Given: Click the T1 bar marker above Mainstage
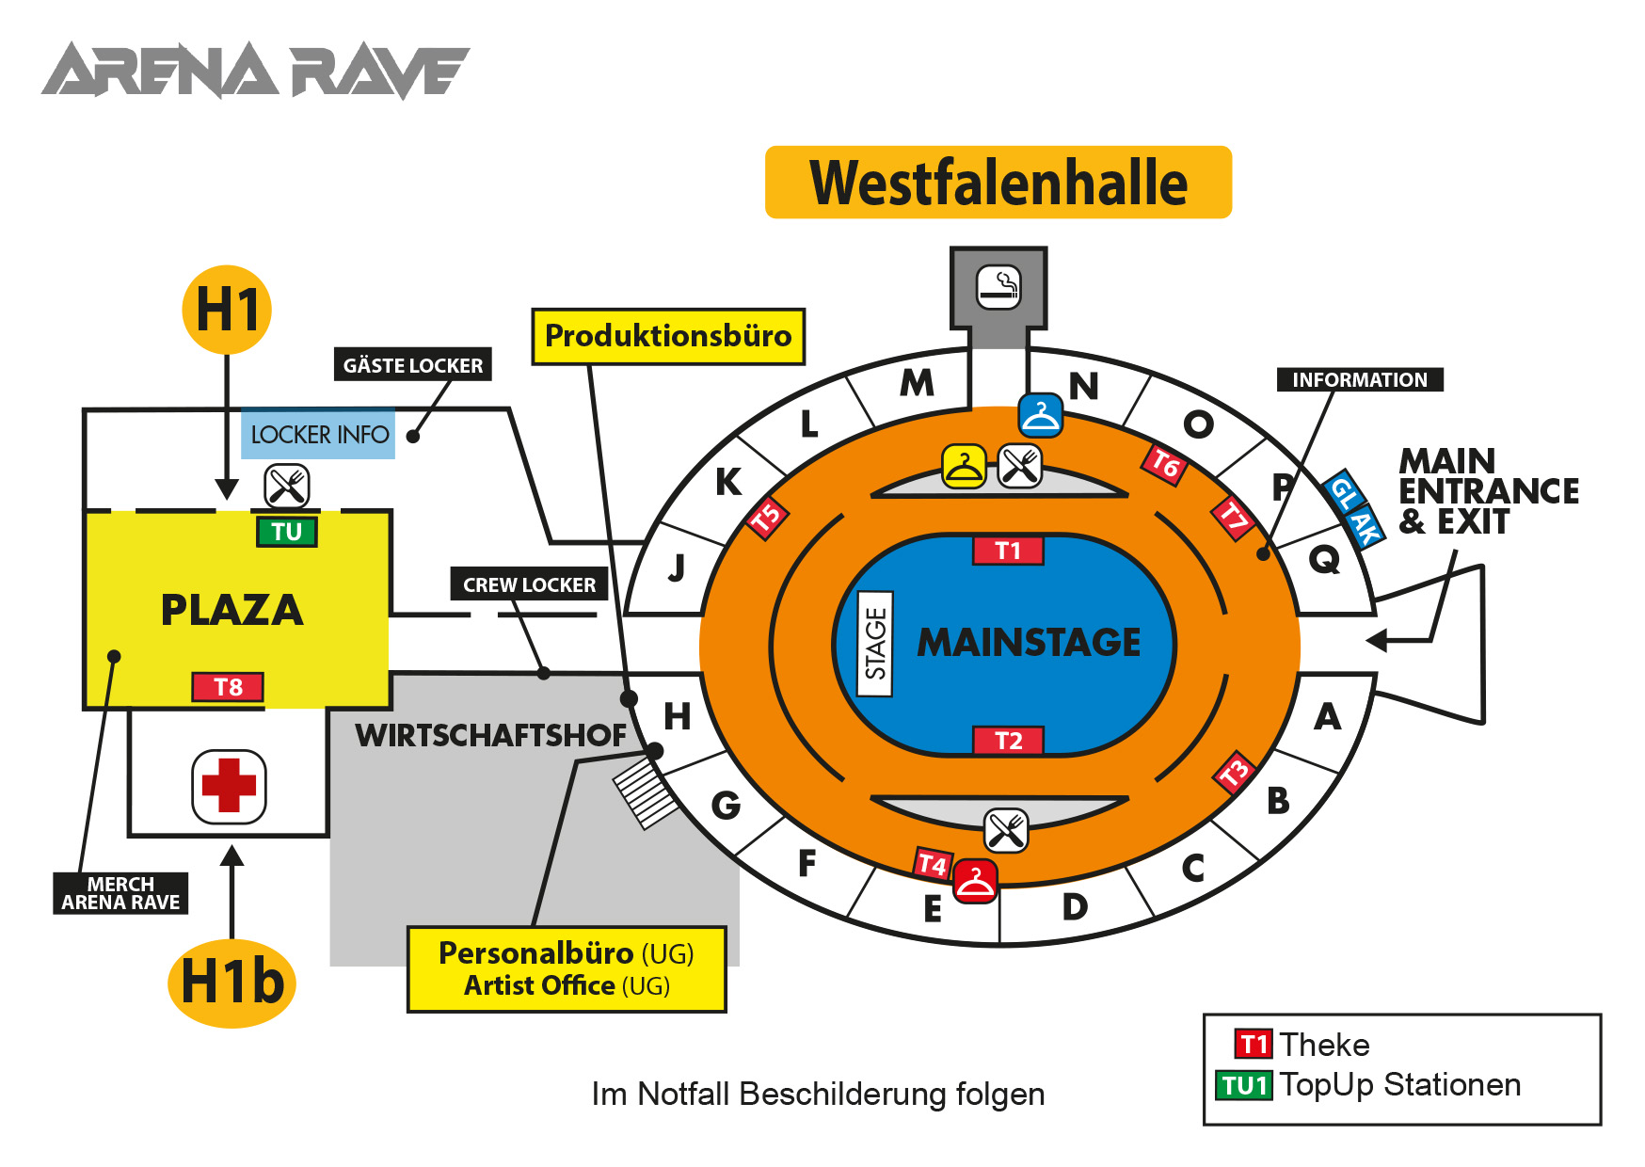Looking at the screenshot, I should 1008,551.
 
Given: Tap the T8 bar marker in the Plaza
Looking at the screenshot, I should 228,687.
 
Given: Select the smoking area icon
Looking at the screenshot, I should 998,287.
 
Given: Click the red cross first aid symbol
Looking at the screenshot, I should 229,786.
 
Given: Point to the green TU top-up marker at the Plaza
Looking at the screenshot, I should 287,532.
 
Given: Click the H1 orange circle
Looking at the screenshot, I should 227,310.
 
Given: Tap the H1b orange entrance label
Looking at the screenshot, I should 232,983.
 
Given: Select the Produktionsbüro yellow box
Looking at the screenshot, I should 668,336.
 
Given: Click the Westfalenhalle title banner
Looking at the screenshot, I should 998,183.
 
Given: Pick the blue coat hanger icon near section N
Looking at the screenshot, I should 1041,415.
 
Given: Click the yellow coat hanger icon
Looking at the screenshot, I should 964,466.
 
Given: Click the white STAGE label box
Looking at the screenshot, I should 876,644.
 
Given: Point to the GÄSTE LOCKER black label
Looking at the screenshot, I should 413,365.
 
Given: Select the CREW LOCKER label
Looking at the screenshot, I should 529,584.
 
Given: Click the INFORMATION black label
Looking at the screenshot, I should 1359,379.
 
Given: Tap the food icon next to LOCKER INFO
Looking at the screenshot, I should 287,486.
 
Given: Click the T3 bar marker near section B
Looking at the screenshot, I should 1235,772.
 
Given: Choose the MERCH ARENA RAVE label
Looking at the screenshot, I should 120,893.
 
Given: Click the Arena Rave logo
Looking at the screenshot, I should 255,71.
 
